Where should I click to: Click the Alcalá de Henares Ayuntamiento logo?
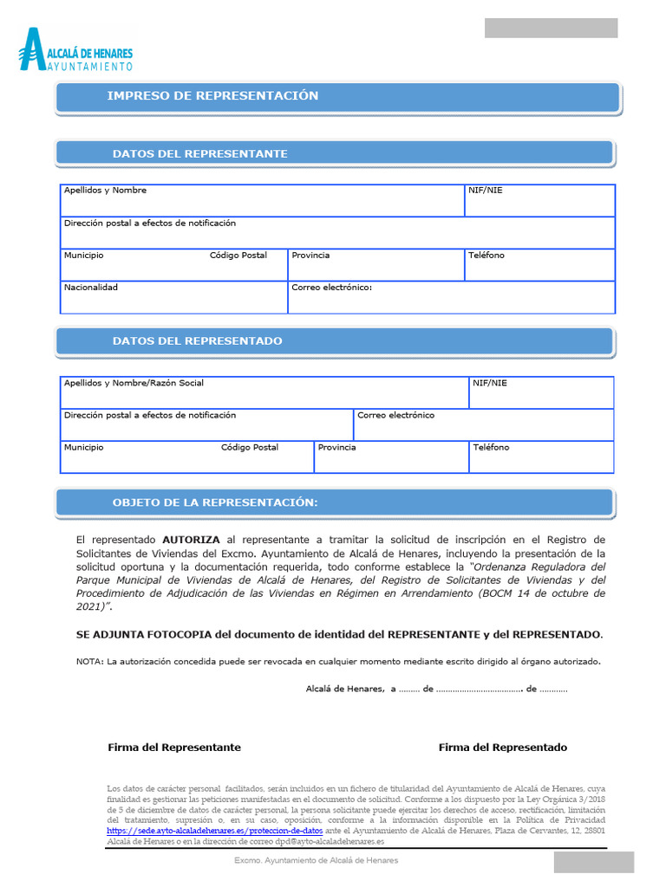75,49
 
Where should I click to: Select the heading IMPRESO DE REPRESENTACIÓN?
212,96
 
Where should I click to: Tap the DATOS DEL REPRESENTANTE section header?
199,154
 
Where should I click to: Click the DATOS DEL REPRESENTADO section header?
197,341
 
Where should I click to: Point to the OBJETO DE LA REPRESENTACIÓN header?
215,503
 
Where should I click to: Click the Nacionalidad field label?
90,288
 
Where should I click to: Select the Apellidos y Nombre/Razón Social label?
134,383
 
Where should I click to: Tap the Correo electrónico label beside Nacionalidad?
331,288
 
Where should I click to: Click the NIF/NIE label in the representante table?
485,191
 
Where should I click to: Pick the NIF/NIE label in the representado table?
490,383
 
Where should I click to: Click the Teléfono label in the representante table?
486,256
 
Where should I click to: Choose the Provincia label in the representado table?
336,448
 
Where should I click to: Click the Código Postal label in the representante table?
238,256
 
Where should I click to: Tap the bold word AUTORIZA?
191,539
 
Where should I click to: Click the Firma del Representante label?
174,748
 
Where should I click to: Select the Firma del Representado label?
503,748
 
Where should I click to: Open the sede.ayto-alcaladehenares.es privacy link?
214,830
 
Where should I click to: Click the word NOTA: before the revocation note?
89,662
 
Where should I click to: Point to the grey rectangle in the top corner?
551,28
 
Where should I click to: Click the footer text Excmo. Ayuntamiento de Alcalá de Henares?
317,860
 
